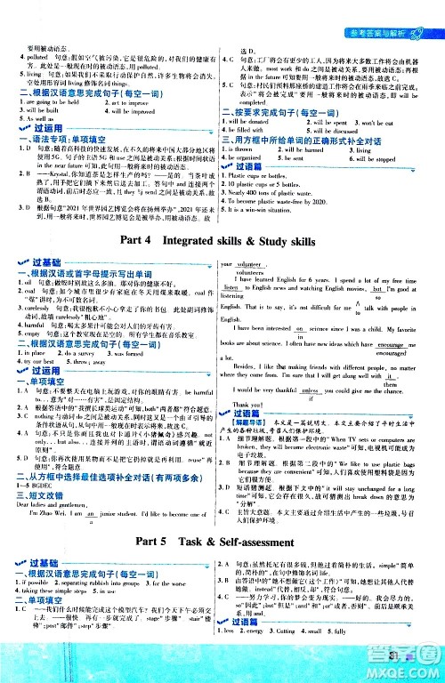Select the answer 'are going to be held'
[x=43, y=102]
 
